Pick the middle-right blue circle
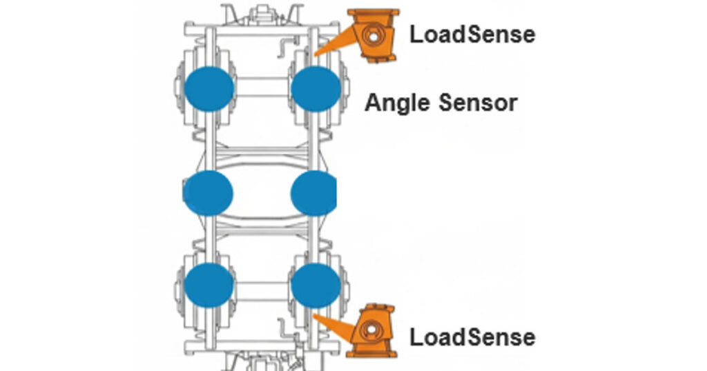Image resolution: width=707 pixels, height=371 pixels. (x=314, y=193)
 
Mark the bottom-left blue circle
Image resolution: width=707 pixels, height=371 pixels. (x=209, y=285)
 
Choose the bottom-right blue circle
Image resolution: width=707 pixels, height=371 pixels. (x=316, y=285)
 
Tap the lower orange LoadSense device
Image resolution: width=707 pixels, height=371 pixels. (x=374, y=330)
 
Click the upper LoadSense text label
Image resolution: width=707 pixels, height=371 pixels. (x=472, y=34)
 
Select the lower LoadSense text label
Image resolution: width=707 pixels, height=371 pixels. (x=472, y=337)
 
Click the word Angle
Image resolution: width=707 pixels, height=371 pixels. (x=398, y=103)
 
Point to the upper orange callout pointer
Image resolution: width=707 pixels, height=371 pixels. (x=334, y=44)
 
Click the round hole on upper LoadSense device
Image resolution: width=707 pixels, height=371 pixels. (x=374, y=34)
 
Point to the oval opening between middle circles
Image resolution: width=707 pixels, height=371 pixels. (x=262, y=193)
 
